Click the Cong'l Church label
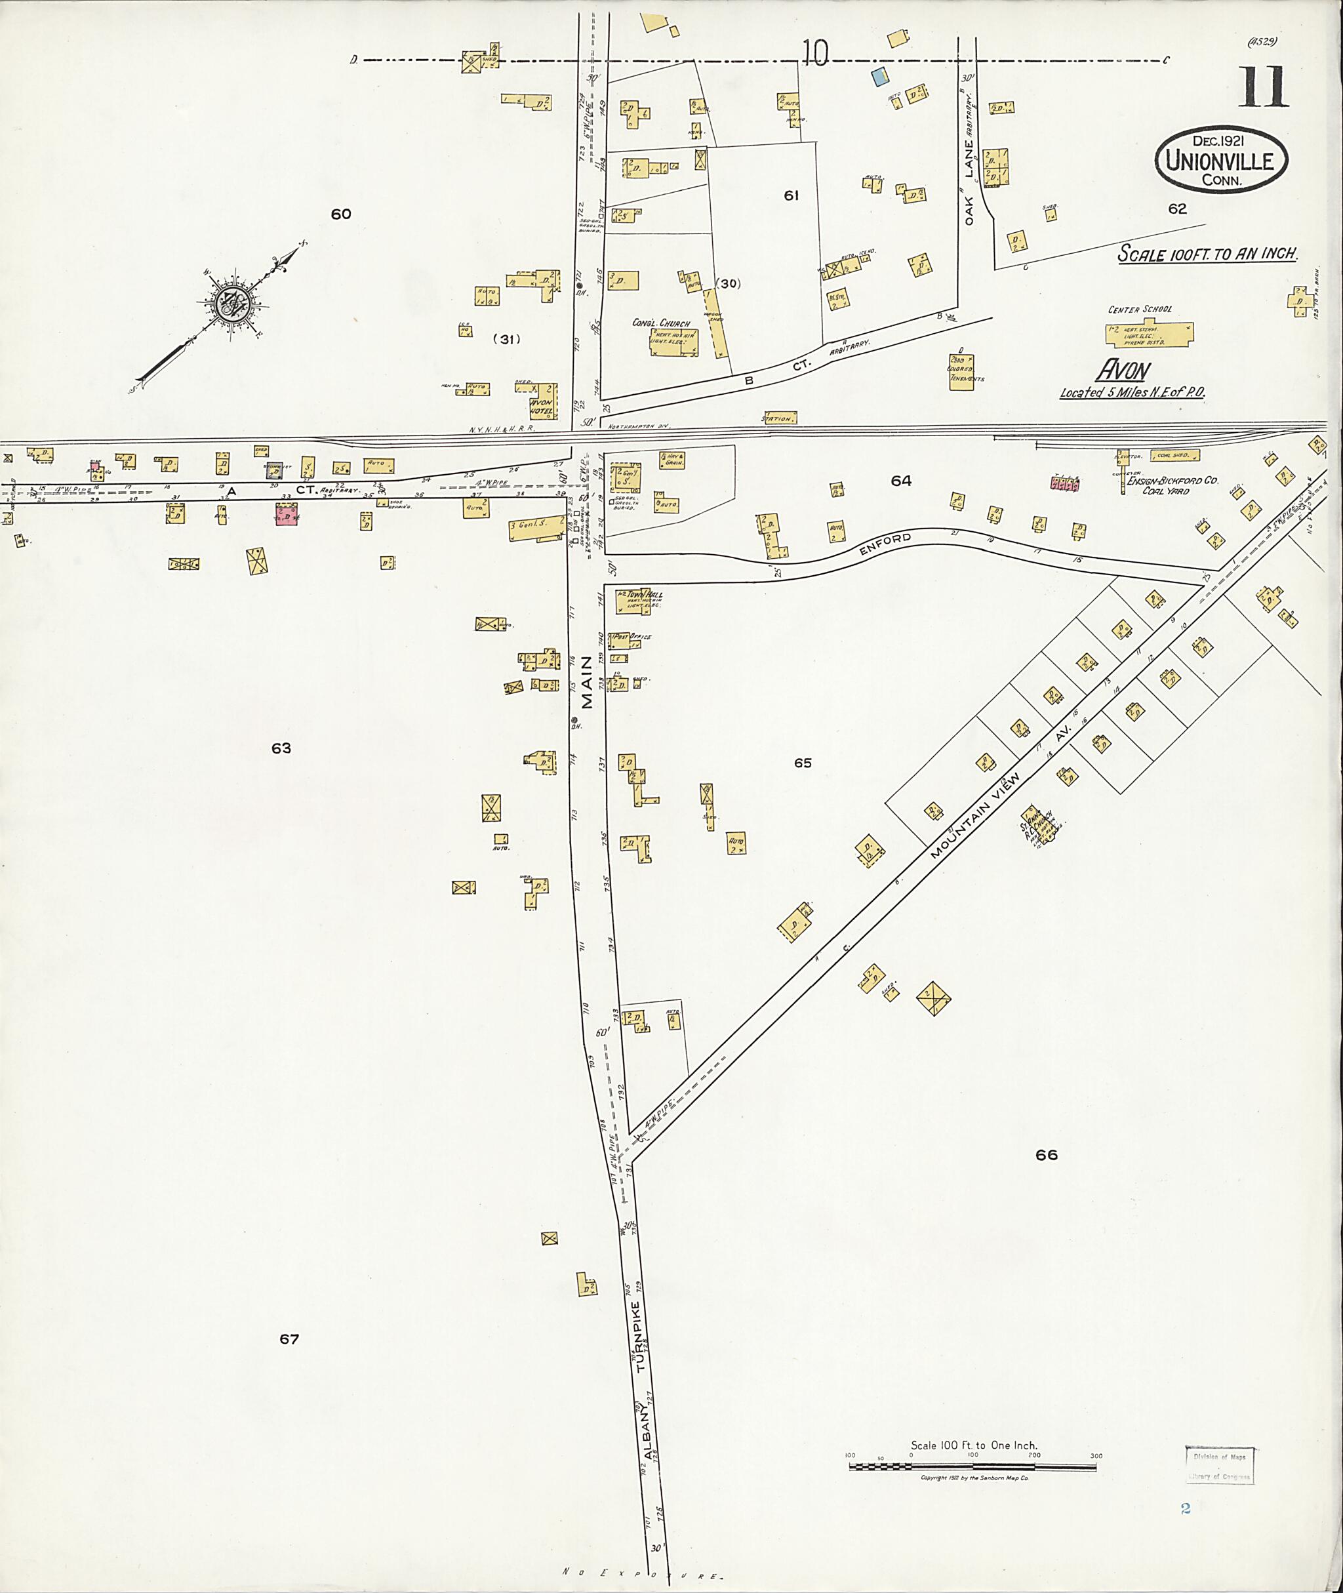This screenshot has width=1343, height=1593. pos(661,323)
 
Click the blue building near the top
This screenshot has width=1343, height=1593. pos(880,75)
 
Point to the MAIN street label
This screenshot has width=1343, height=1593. pos(587,682)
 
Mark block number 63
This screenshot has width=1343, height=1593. pos(281,748)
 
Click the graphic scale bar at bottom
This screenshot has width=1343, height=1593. pos(972,1466)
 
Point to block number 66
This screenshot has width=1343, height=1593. pos(1046,1155)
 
